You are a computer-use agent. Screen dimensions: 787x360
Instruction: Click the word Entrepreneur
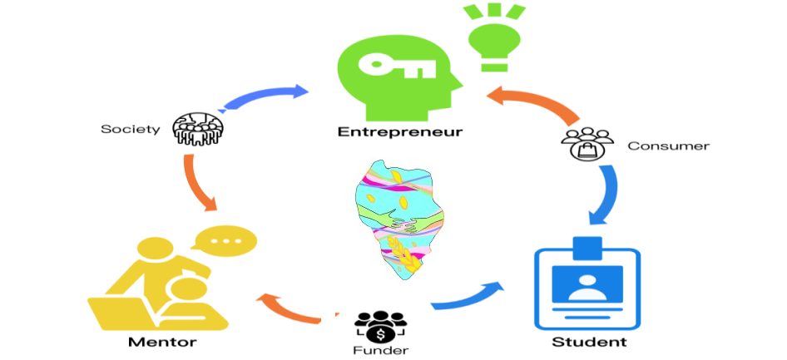pos(399,132)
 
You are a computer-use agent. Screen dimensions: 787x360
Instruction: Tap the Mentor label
pos(162,343)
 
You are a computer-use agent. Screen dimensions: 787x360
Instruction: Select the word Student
pos(589,343)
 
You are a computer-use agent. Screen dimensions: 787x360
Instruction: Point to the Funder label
pos(380,349)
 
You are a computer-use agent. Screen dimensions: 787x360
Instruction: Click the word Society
pos(131,129)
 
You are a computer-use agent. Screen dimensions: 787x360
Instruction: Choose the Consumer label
pos(669,145)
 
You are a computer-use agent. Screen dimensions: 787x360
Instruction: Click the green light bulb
pos(494,37)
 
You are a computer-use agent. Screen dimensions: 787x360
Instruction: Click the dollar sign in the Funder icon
pos(380,333)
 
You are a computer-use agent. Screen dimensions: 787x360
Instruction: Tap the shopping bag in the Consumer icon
pos(587,150)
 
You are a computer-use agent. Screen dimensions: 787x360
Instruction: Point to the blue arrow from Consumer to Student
pos(606,195)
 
